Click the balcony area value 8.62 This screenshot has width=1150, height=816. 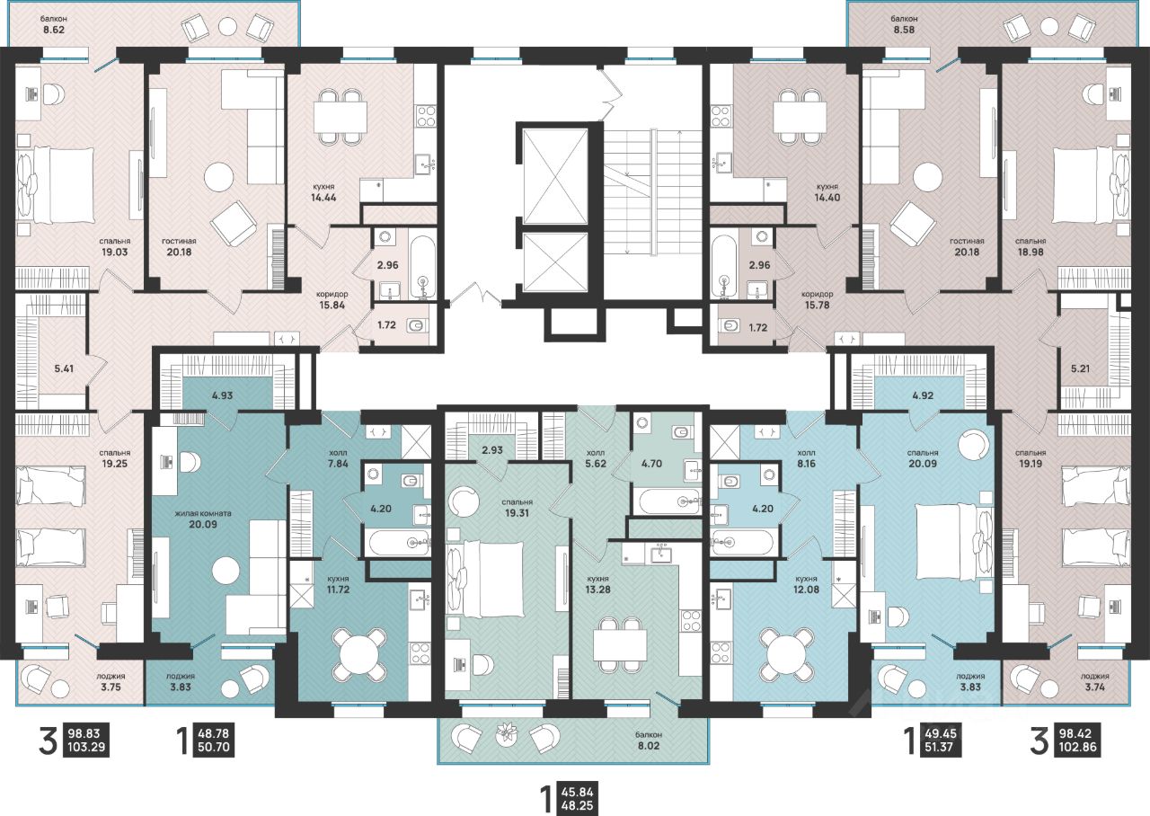[54, 30]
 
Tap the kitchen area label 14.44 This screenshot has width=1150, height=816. [323, 197]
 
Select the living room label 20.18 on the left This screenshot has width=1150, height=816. [179, 252]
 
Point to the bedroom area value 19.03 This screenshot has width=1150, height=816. [114, 252]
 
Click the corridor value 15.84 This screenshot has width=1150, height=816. [332, 305]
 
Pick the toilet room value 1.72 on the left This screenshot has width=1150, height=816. [386, 325]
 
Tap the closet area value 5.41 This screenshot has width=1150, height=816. [64, 368]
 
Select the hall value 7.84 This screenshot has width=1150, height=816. [338, 464]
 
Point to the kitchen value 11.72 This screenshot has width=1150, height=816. [338, 590]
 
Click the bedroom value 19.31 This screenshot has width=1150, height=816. [517, 513]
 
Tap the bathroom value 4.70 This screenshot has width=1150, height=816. [652, 464]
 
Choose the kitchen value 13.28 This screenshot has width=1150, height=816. [598, 590]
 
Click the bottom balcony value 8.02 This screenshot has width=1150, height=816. [649, 746]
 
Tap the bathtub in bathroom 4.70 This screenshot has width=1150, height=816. [666, 501]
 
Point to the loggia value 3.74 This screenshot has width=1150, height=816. [1095, 687]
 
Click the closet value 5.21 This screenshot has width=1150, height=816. [1081, 368]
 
